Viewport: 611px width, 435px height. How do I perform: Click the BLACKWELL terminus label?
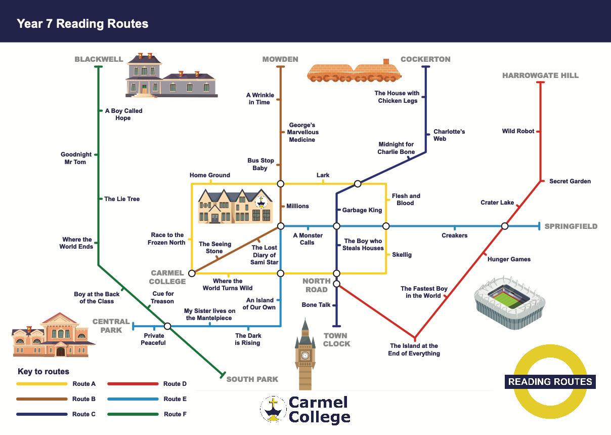99,59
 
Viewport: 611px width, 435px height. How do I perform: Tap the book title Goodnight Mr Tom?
76,159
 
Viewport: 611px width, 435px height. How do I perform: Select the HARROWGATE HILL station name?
540,75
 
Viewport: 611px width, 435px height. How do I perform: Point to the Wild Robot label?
518,131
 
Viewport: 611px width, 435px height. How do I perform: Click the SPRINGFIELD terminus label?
571,226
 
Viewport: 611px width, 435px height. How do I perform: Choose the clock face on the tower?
305,355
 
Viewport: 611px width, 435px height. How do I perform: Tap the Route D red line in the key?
133,384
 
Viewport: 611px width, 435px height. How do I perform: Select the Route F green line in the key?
133,414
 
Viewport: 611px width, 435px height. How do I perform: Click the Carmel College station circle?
192,273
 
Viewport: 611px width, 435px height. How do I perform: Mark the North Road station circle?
336,284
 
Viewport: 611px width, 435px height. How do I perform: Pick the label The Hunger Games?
509,259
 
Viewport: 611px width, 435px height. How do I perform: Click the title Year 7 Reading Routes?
82,23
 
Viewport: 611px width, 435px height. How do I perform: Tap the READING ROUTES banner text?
550,382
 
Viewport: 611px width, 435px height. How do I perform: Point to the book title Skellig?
402,255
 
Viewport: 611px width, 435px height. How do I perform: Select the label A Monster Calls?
308,239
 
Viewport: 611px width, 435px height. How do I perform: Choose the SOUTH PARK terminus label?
252,379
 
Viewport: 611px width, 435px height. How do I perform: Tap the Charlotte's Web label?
449,135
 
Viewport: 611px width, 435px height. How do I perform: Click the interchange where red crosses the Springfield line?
504,226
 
